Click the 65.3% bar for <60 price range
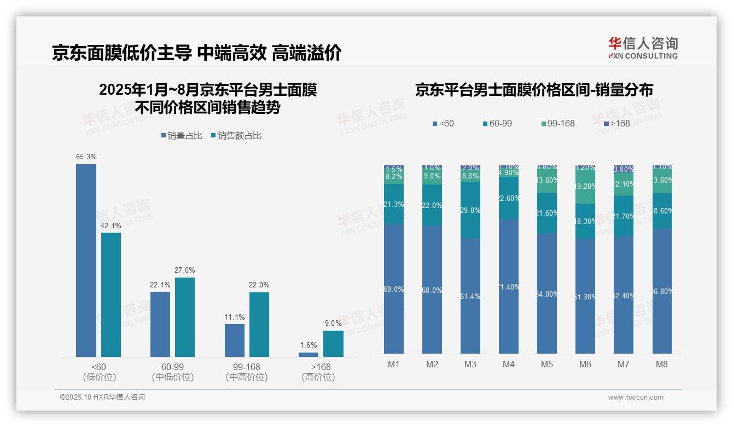point(86,260)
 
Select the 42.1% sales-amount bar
point(111,295)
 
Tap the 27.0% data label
point(184,270)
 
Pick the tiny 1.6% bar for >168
point(309,355)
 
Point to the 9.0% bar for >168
point(333,344)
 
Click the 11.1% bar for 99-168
point(235,341)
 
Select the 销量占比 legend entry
point(182,136)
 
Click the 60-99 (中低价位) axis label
point(173,372)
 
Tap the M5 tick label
point(547,364)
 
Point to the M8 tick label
point(662,364)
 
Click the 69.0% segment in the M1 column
point(394,288)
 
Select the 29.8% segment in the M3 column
point(470,210)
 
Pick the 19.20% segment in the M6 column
point(585,187)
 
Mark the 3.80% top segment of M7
point(624,169)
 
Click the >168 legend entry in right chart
point(616,124)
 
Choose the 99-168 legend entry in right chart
point(557,124)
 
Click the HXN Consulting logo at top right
point(643,48)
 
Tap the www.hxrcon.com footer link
point(636,397)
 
